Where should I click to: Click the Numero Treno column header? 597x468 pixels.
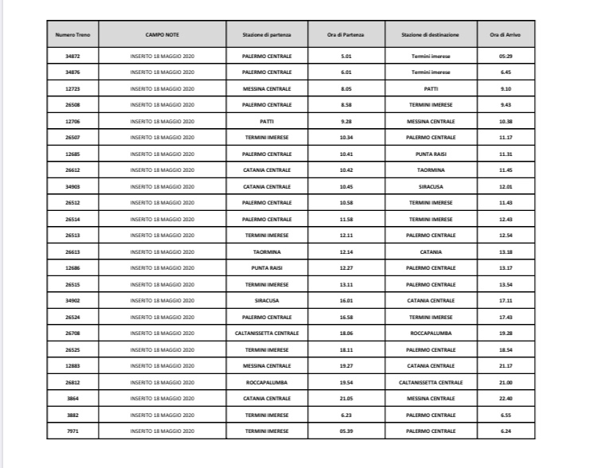[72, 35]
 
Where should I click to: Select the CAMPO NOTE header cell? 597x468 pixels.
[162, 35]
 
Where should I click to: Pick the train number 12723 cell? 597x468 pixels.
[72, 88]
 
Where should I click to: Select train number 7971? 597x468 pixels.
[72, 431]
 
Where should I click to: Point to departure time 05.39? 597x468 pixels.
[345, 431]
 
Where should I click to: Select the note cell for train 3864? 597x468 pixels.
[162, 398]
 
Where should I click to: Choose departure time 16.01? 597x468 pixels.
[345, 300]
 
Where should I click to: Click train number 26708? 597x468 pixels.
[72, 333]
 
